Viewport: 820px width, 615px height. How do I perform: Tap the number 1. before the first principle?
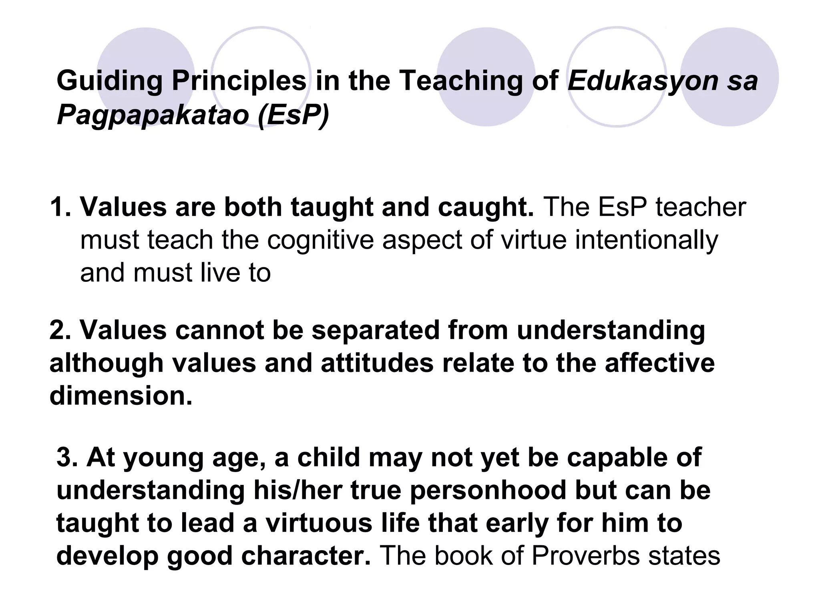click(x=60, y=207)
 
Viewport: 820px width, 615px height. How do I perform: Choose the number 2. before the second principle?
click(x=60, y=330)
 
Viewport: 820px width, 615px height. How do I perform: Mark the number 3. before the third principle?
click(x=67, y=458)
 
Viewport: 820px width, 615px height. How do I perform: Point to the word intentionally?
click(x=646, y=240)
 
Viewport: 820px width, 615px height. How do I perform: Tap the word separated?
click(x=375, y=330)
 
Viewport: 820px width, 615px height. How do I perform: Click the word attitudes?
click(x=377, y=363)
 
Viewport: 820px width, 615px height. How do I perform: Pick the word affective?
click(x=659, y=363)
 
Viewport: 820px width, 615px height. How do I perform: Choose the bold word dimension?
click(x=121, y=396)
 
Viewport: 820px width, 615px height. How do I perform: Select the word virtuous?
click(x=319, y=523)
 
